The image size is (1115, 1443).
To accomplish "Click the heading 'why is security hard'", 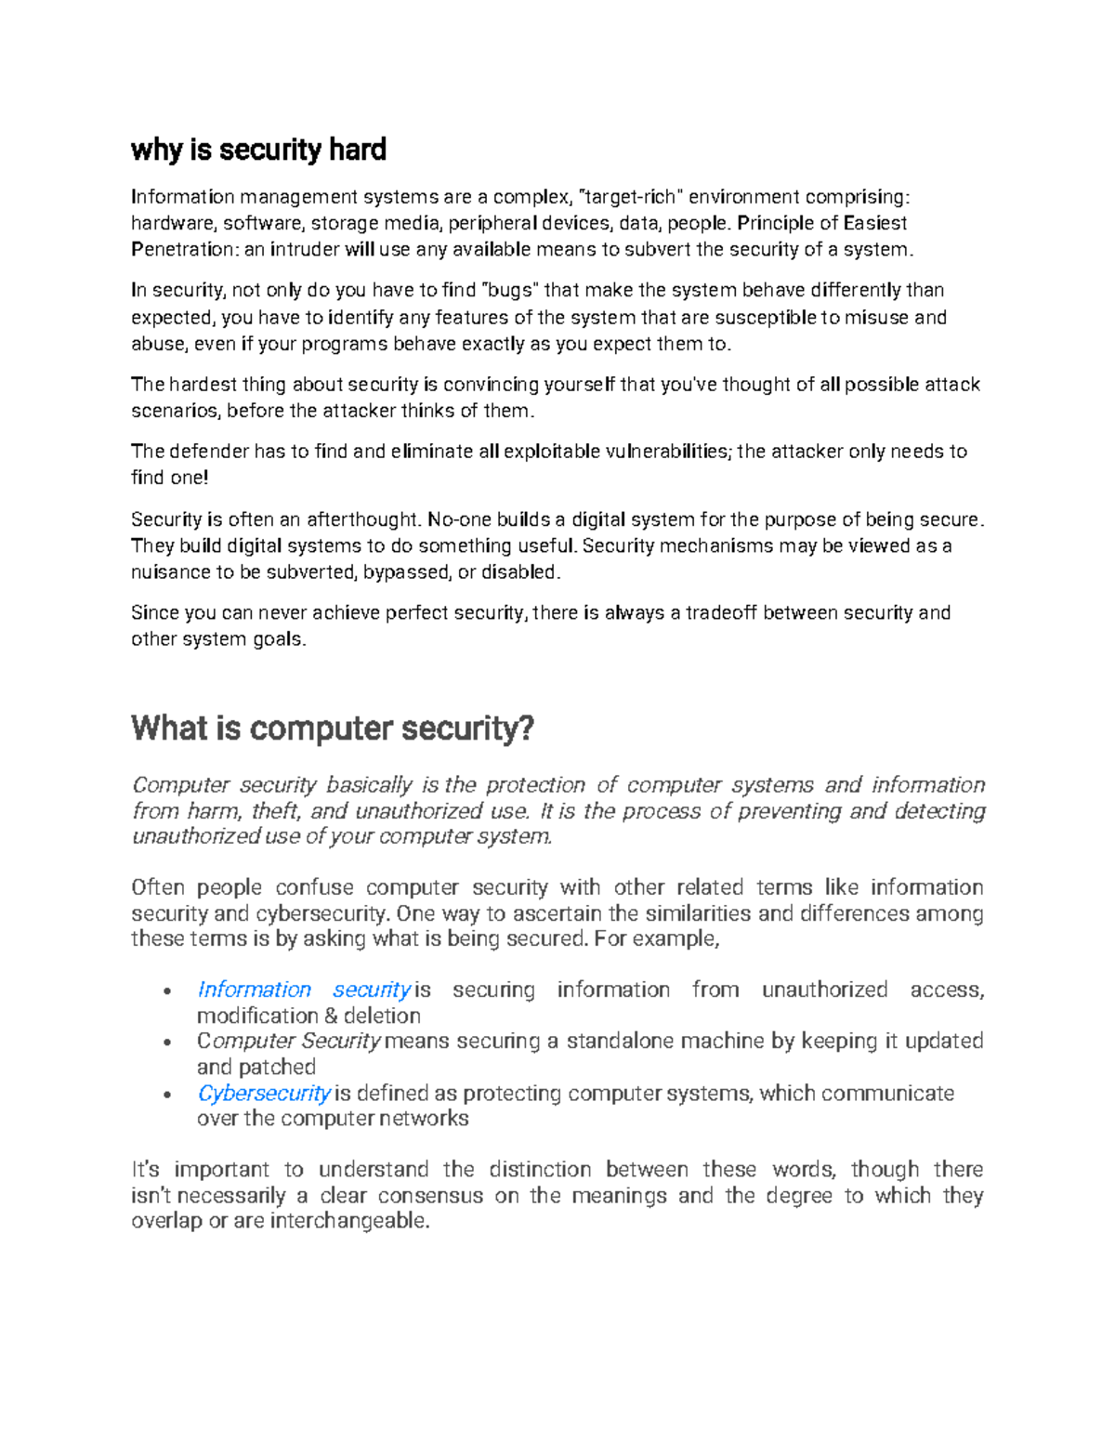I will coord(258,150).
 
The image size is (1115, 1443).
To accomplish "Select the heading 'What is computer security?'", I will coord(333,728).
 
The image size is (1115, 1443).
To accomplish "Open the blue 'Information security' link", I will coord(303,990).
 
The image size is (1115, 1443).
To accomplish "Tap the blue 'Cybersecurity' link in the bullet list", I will coord(264,1093).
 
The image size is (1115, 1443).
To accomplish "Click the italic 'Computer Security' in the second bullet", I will coord(289,1041).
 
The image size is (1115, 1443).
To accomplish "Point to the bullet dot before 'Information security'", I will coord(166,991).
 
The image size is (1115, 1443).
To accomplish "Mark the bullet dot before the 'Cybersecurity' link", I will coord(166,1095).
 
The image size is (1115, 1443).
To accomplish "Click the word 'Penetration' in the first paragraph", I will coord(183,249).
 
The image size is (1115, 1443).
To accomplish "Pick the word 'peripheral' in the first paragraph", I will coord(492,223).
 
